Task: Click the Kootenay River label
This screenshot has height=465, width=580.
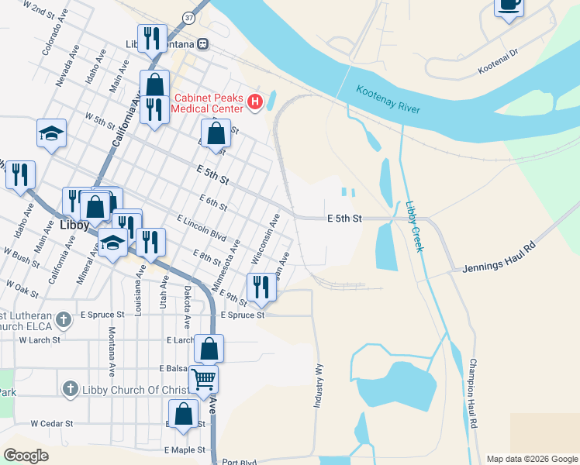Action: tap(388, 101)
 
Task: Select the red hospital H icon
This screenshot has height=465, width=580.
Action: tap(254, 102)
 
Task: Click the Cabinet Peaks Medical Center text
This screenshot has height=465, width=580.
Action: tap(208, 103)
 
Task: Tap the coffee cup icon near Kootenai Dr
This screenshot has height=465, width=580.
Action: tap(509, 5)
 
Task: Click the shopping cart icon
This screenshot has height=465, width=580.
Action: tap(203, 379)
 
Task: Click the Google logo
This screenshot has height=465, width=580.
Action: tap(26, 456)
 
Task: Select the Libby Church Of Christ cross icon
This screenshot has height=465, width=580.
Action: tap(70, 387)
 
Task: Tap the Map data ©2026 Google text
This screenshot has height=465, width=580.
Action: tap(531, 459)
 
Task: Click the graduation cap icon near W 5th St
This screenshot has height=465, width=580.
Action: tap(51, 133)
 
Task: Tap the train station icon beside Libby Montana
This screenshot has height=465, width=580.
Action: tap(202, 44)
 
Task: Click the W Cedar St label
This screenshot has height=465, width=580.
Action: tap(51, 424)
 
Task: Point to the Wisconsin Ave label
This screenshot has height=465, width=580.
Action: tap(264, 239)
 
